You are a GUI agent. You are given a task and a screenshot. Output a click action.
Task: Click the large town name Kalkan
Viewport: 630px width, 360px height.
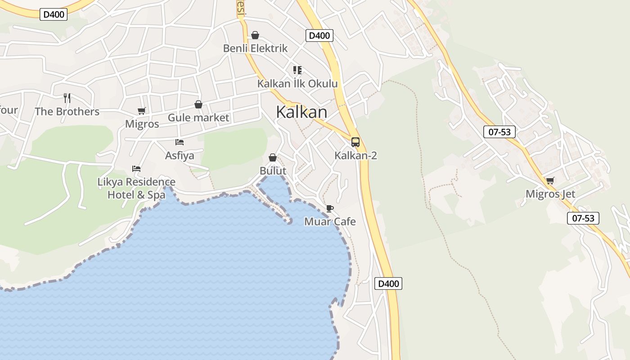coord(301,112)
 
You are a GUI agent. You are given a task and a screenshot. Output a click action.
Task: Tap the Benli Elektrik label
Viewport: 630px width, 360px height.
coord(255,48)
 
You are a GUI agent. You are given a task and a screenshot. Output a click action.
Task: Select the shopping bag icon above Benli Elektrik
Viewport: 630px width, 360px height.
coord(255,35)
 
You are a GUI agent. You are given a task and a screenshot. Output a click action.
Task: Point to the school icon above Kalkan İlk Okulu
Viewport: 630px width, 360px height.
coord(297,70)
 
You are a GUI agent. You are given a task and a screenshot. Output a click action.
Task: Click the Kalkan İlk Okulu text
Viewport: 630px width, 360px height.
coord(297,84)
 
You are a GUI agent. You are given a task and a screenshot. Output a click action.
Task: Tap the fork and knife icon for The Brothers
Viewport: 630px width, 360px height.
coord(67,98)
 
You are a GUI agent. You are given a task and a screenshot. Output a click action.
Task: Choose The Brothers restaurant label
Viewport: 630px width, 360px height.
coord(67,112)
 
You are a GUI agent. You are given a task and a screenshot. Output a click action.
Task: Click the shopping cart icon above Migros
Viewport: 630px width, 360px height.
coord(142,111)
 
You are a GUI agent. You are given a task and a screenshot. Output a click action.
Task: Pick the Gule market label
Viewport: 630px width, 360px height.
coord(198,118)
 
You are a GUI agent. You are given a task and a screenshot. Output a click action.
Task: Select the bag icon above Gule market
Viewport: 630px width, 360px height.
coord(198,104)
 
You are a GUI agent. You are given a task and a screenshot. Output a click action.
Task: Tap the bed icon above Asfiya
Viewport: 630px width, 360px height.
coord(180,142)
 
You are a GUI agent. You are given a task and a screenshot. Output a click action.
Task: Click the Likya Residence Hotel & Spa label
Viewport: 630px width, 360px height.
coord(136,188)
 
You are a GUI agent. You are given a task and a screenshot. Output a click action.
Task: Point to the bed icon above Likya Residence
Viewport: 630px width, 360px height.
coord(136,169)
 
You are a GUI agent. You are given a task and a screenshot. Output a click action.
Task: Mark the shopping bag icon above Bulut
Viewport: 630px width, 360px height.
coord(273,157)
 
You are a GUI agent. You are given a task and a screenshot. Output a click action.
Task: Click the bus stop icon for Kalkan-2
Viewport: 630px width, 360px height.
coord(355,142)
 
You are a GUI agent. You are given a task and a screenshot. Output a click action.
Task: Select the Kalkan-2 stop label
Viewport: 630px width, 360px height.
coord(355,156)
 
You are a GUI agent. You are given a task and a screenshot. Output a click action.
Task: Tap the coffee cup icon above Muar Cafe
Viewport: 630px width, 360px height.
coord(330,208)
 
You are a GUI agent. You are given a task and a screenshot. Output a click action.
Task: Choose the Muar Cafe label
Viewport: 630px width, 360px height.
coord(330,221)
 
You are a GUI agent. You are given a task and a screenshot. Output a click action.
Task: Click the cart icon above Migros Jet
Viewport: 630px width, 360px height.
coord(550,181)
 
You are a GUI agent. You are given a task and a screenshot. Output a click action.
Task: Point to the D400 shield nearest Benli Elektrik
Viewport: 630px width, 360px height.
coord(319,36)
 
